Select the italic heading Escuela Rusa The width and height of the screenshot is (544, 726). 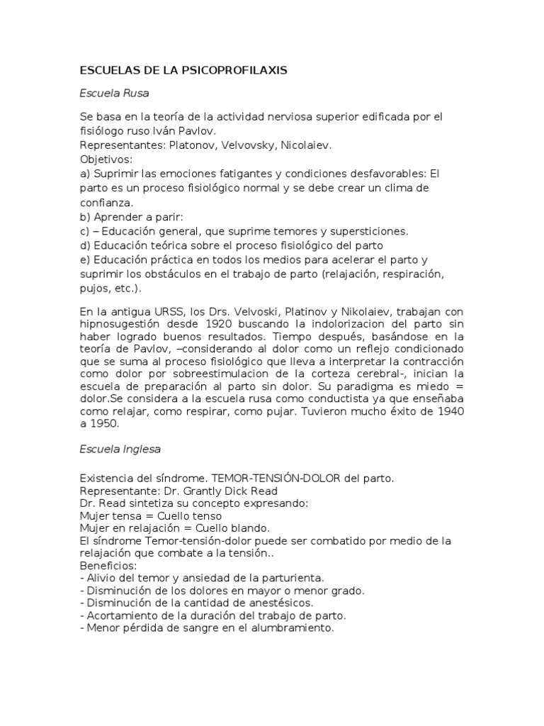click(x=114, y=93)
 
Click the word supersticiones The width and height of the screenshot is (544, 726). click(x=362, y=231)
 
